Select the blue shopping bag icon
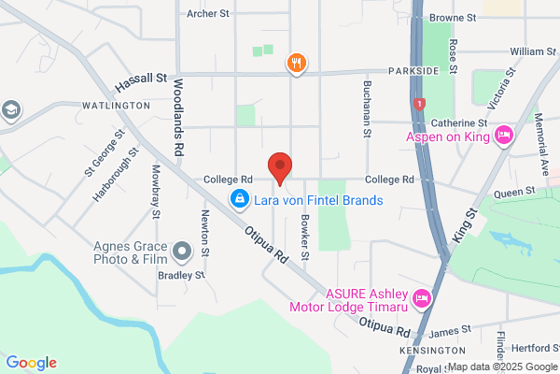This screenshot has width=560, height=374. tap(240, 199)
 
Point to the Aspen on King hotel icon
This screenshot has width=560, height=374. tap(503, 137)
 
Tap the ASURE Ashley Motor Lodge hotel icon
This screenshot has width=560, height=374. tap(422, 298)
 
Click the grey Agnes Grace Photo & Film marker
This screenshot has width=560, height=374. tap(182, 251)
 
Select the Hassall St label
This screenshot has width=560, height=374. tap(140, 82)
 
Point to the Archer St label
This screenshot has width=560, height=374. tap(207, 14)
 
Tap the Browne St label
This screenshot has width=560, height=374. tap(453, 18)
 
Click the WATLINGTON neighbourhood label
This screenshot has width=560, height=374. tap(117, 107)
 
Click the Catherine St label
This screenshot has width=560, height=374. tap(458, 122)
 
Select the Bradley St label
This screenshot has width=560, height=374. tap(181, 275)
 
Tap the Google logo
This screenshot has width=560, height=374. tap(31, 363)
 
